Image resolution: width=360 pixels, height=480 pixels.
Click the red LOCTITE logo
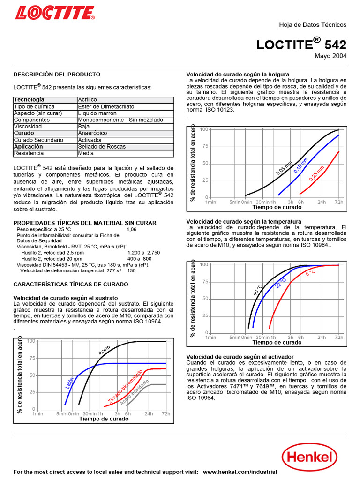tap(55, 13)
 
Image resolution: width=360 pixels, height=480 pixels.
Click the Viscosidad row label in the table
tap(28, 127)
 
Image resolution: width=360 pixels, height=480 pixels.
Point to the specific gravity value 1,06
tap(132, 230)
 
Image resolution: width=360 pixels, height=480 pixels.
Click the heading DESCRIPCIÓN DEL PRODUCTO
tap(57, 75)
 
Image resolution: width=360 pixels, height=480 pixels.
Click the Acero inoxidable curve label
tap(134, 392)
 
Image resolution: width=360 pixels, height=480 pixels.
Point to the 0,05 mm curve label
tap(284, 169)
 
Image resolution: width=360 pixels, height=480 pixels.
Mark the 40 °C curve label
tap(258, 290)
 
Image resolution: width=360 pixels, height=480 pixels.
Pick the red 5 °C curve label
tap(310, 272)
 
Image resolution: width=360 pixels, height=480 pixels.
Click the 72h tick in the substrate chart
tap(165, 414)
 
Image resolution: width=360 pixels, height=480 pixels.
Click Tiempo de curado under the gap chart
tap(277, 207)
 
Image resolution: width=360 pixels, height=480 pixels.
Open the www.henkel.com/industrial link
tap(240, 472)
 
